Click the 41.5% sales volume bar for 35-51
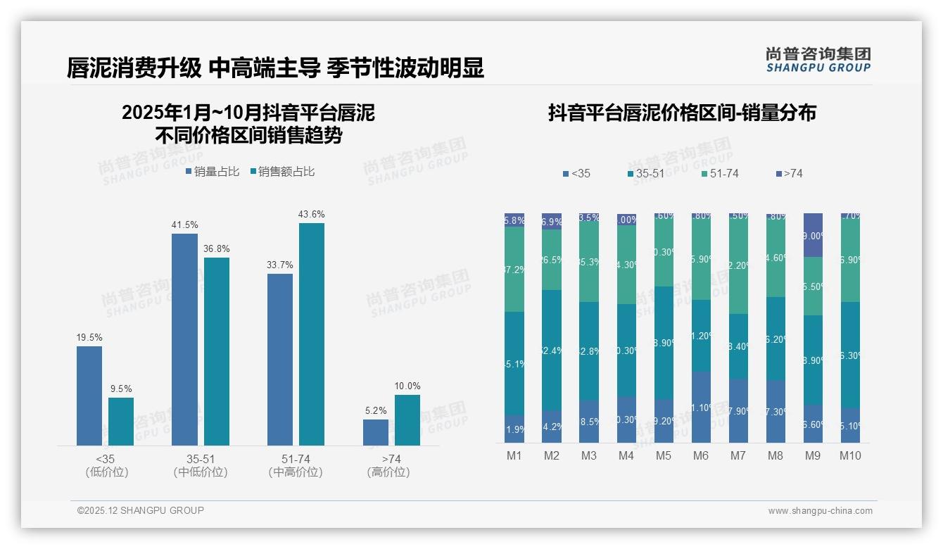184,339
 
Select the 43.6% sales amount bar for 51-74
312,334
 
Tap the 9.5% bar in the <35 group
121,422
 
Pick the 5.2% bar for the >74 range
376,432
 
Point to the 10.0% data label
407,386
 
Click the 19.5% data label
89,337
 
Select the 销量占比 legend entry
213,172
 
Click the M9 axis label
812,455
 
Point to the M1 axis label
514,455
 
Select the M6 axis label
700,455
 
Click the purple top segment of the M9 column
813,235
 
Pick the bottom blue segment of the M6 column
701,407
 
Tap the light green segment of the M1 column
514,269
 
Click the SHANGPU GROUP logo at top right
818,60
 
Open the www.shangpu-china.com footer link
820,511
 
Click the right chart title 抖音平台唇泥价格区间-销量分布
682,113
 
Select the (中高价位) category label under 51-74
296,472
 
